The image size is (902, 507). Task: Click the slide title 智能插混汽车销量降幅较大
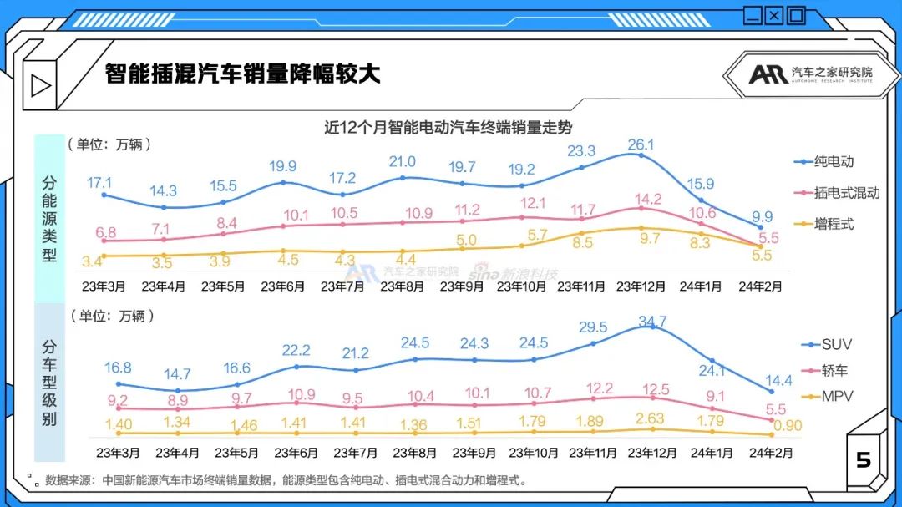(x=242, y=74)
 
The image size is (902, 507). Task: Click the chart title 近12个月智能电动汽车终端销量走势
(x=452, y=127)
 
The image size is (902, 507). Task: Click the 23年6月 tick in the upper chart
(x=283, y=286)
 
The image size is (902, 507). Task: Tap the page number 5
(x=864, y=460)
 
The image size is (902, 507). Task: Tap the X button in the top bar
(x=774, y=14)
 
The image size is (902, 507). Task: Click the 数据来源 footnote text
(x=284, y=481)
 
